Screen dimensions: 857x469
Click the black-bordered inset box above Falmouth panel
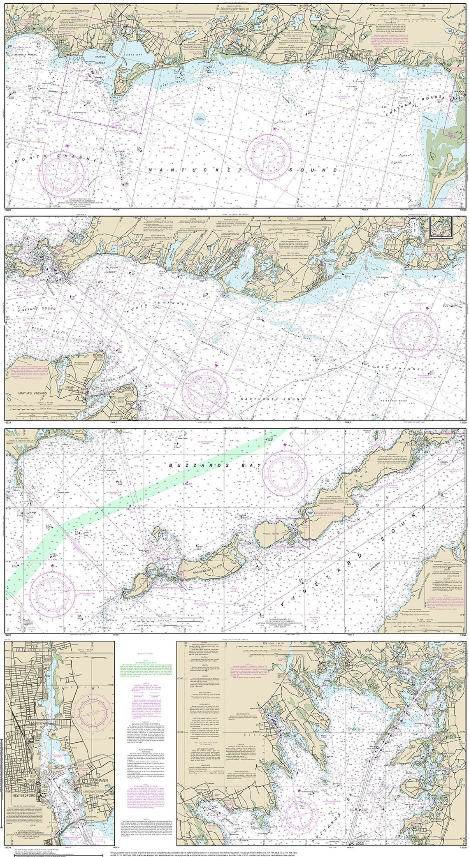(441, 227)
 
